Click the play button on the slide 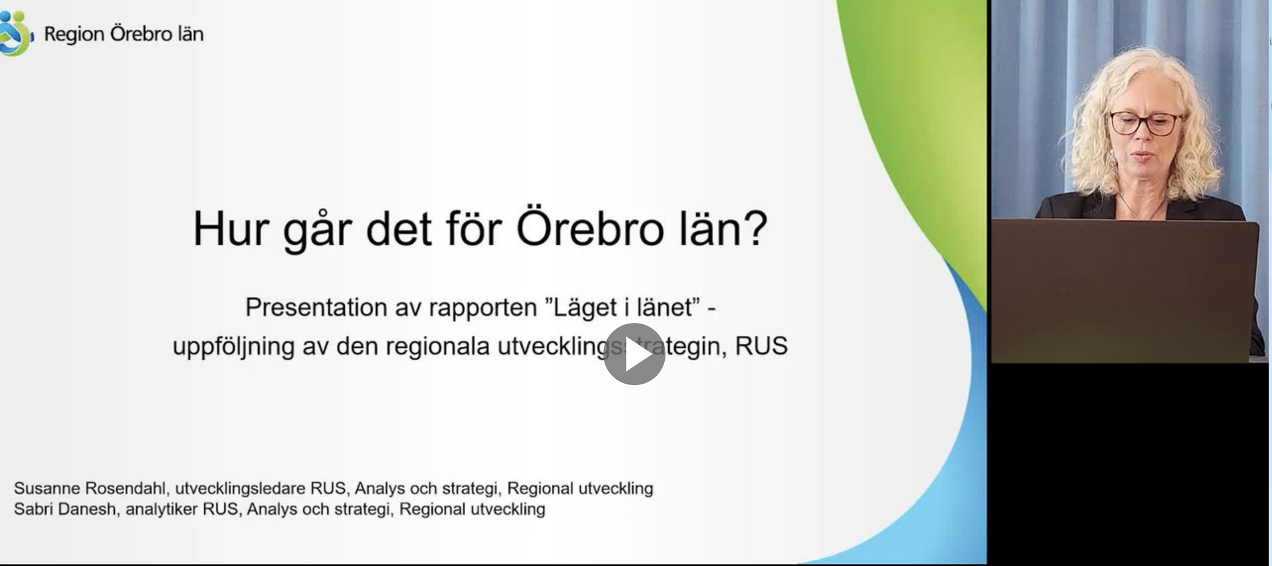point(634,354)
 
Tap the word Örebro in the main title point(589,229)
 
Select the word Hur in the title point(231,229)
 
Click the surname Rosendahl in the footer point(126,488)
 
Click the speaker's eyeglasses point(1144,123)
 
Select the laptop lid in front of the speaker point(1123,291)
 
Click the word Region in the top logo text point(74,34)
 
